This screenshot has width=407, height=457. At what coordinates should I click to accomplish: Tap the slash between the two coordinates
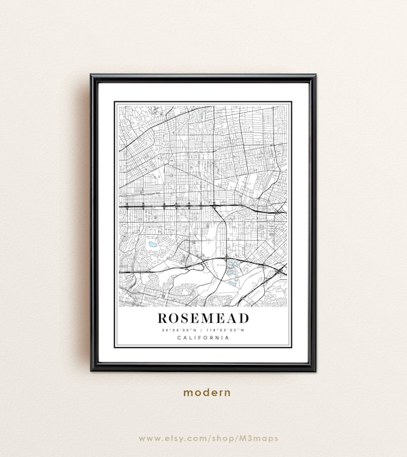[203, 330]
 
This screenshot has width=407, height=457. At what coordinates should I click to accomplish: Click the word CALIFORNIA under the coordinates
[203, 338]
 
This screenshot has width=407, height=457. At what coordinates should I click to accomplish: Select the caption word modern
[206, 392]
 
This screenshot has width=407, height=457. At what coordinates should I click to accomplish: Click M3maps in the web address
[261, 438]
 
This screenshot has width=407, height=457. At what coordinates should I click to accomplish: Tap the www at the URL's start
[149, 438]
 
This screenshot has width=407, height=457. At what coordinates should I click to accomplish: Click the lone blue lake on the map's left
[153, 245]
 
